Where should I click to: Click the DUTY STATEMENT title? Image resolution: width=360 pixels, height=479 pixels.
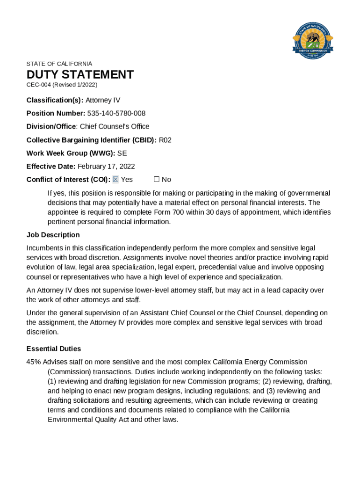80,75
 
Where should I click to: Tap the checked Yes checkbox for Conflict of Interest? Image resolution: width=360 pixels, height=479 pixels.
116,180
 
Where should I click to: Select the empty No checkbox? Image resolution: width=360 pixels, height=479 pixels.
157,180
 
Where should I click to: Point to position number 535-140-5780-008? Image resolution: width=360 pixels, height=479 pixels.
116,113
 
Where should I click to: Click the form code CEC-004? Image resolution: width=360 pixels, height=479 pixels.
38,85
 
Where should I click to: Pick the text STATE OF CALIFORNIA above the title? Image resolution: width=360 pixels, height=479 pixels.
59,64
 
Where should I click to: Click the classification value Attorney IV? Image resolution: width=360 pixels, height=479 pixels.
103,100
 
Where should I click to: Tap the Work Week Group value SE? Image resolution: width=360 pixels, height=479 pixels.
122,153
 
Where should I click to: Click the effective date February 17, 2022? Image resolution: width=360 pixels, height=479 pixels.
106,166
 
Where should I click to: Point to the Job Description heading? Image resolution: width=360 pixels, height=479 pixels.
53,235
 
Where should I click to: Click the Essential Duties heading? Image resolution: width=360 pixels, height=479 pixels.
54,348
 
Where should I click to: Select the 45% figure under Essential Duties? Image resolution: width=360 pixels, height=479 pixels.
34,362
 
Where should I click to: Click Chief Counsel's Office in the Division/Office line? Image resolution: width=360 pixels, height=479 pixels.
115,126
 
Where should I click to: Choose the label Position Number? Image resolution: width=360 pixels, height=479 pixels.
56,113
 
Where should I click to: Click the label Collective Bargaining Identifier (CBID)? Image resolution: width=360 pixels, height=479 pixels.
92,140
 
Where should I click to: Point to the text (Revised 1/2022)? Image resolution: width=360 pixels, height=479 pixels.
75,85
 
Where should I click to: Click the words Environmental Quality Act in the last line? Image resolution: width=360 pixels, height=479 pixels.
88,420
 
